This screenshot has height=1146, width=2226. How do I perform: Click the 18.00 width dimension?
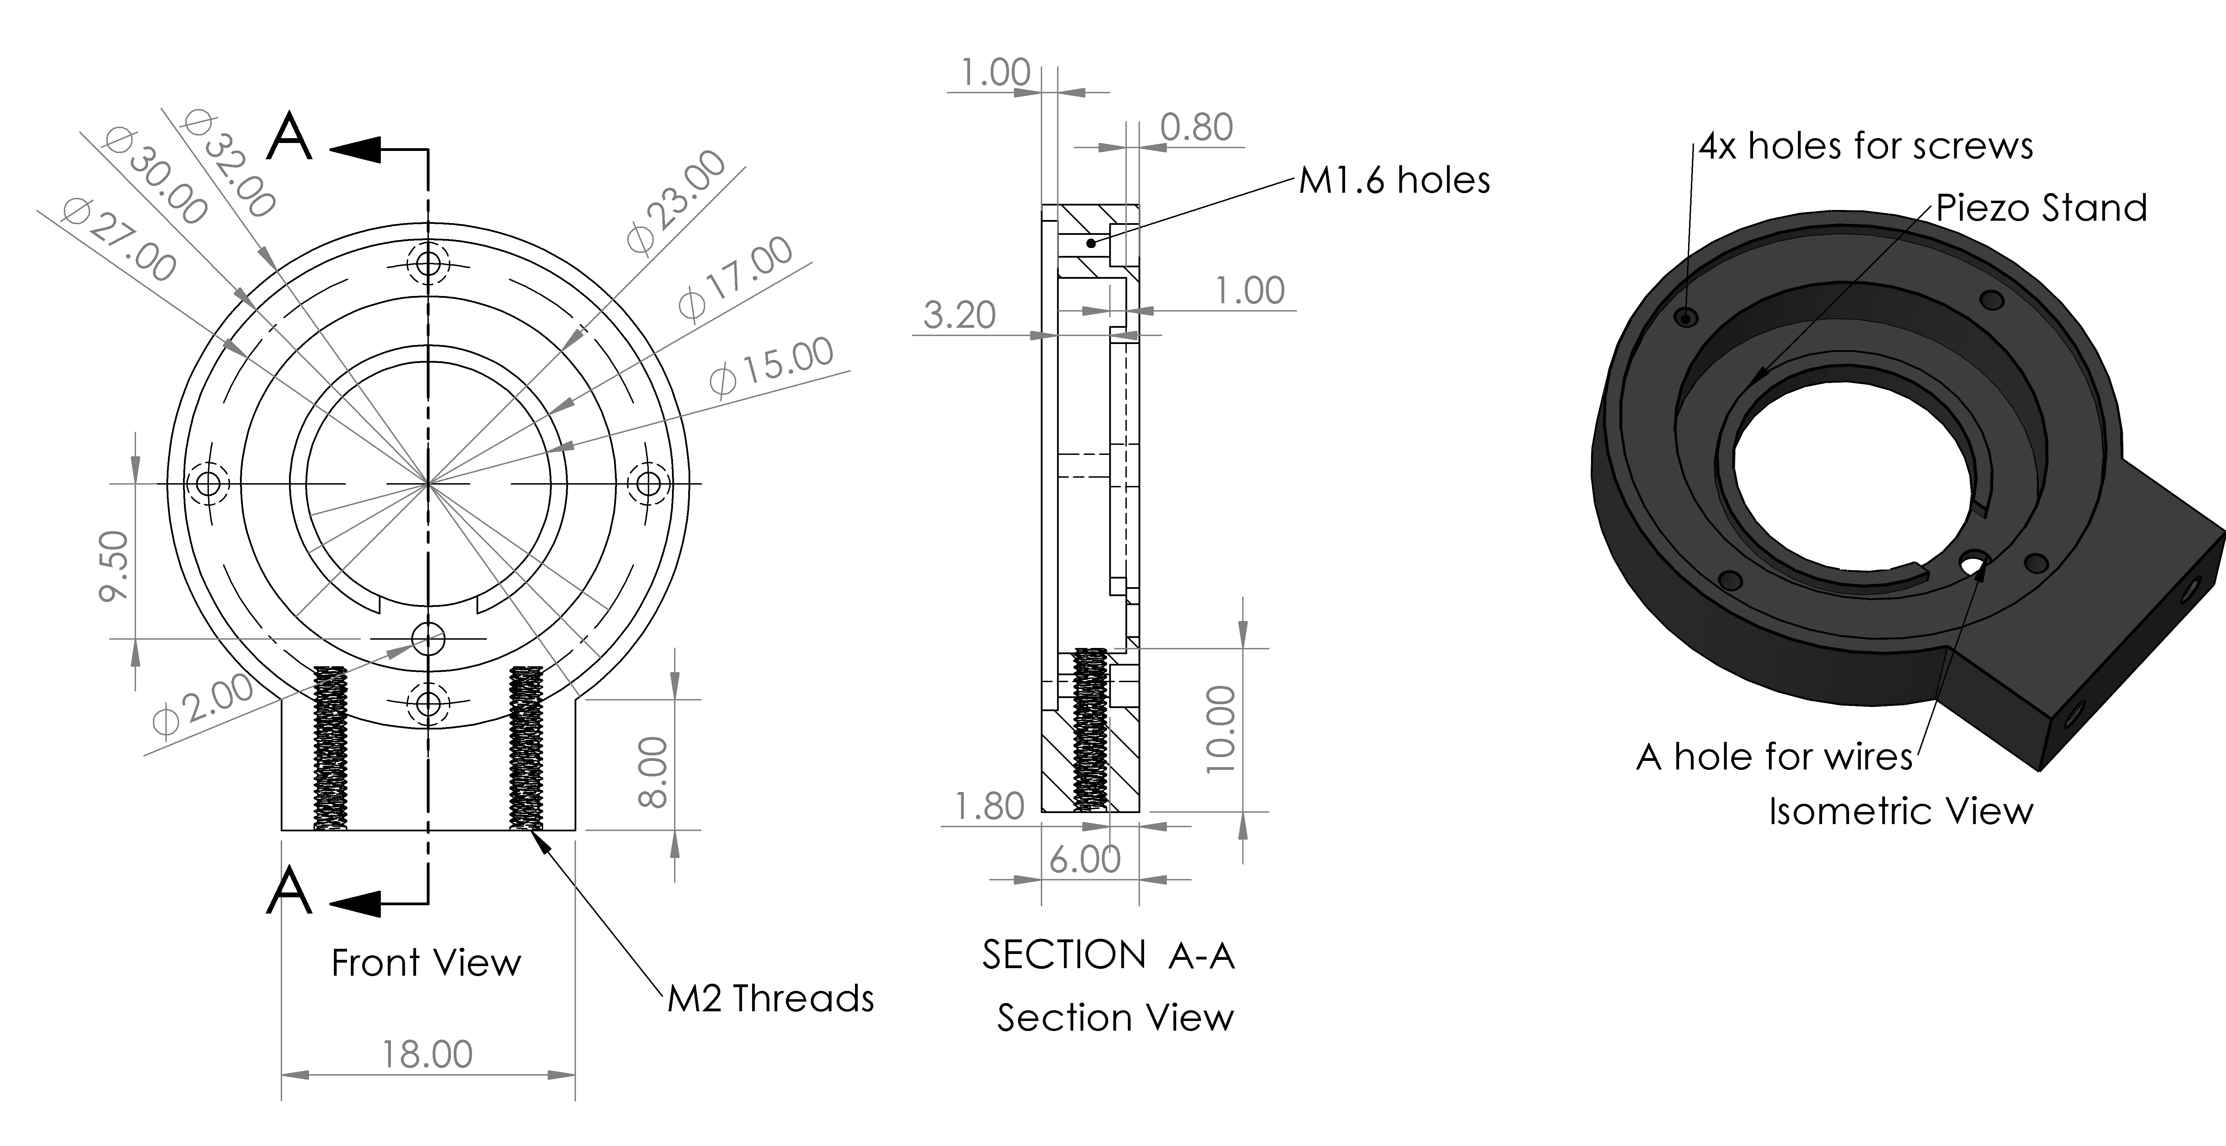click(x=428, y=1054)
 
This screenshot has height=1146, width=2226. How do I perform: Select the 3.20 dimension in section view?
click(x=959, y=315)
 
